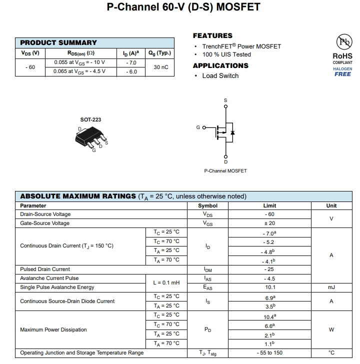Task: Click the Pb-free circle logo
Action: (x=342, y=42)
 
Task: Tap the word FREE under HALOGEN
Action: (x=342, y=74)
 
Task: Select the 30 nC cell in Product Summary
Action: (x=160, y=67)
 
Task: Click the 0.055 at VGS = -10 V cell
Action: (x=83, y=62)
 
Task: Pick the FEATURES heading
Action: (x=212, y=35)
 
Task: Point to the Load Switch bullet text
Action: (x=220, y=75)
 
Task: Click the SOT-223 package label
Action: (x=90, y=119)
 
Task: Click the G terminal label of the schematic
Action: (x=198, y=127)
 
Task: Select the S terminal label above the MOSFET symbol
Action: (x=225, y=100)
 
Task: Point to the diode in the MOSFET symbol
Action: (x=232, y=132)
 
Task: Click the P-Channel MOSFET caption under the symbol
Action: (x=225, y=170)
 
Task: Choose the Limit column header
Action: (x=269, y=205)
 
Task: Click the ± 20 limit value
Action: (x=269, y=223)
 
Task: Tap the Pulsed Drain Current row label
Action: (x=45, y=269)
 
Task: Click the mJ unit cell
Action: (x=331, y=287)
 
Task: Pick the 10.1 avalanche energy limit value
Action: (x=269, y=287)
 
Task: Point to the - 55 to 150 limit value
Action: (x=269, y=353)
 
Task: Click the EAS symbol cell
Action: (x=208, y=287)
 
